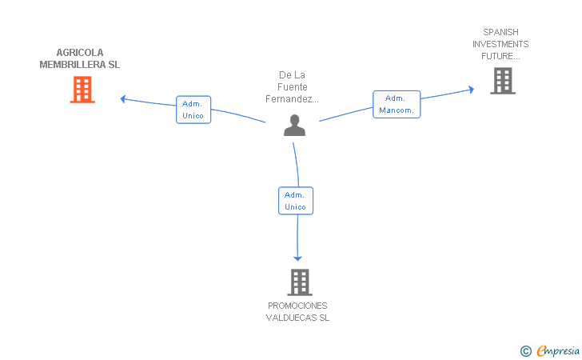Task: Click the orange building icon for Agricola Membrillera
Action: (82, 90)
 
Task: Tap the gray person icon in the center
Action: (294, 126)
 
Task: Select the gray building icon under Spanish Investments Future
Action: (503, 81)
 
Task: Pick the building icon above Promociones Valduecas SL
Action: (300, 282)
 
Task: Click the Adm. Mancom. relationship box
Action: (397, 104)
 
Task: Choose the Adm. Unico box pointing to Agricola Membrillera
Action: (193, 110)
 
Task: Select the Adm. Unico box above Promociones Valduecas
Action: (296, 201)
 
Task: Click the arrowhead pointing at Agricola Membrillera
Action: (123, 99)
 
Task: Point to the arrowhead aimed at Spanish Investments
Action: (472, 90)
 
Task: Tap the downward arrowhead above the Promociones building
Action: (297, 258)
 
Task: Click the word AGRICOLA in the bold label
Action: (80, 53)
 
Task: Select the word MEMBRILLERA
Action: (73, 65)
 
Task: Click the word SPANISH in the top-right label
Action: (500, 32)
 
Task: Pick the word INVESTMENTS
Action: (500, 44)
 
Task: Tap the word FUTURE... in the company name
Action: (500, 56)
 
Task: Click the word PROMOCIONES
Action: (297, 306)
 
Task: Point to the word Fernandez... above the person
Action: (292, 99)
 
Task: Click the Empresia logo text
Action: (558, 350)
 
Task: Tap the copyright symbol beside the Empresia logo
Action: (526, 351)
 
